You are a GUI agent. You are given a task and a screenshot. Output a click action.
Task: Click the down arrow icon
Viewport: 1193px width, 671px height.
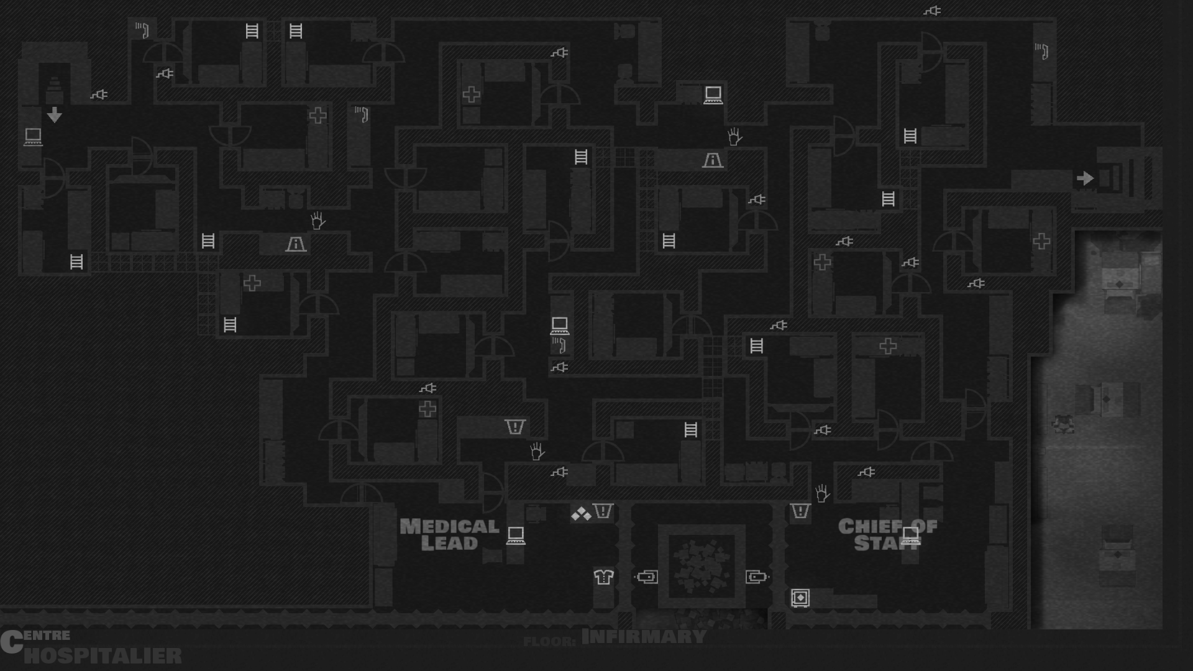tap(55, 115)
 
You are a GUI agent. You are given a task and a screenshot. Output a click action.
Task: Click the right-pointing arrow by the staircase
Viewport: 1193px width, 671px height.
tap(1085, 178)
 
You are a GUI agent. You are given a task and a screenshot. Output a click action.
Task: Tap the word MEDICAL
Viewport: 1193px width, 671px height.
tap(449, 526)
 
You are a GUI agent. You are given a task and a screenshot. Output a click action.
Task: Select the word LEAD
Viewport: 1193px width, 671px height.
tap(449, 543)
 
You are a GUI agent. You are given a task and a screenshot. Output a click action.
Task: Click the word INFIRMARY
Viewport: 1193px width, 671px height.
tap(644, 637)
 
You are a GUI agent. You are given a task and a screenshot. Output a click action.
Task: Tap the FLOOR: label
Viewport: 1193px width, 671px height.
tap(549, 641)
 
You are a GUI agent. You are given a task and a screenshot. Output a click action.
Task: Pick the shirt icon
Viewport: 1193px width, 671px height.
tap(603, 577)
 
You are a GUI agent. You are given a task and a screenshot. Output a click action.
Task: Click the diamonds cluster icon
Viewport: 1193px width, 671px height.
tap(581, 514)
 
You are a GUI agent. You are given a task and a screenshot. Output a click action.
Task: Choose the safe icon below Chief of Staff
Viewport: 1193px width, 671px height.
tap(800, 598)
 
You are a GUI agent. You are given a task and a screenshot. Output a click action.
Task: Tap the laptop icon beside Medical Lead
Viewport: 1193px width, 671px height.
tap(516, 535)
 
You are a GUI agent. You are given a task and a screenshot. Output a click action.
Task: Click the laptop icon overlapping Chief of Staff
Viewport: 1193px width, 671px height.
tap(910, 535)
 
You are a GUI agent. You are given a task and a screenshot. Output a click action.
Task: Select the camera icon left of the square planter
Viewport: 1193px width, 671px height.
tap(646, 577)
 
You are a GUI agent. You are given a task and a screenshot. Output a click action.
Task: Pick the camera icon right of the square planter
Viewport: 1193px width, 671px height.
tap(757, 577)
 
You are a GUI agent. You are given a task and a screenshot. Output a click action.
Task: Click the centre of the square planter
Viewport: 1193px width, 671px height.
tap(702, 566)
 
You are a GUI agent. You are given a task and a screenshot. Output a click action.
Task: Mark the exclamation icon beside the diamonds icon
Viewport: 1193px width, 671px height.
tap(603, 511)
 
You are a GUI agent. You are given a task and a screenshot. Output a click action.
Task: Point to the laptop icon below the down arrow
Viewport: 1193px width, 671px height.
tap(33, 136)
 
